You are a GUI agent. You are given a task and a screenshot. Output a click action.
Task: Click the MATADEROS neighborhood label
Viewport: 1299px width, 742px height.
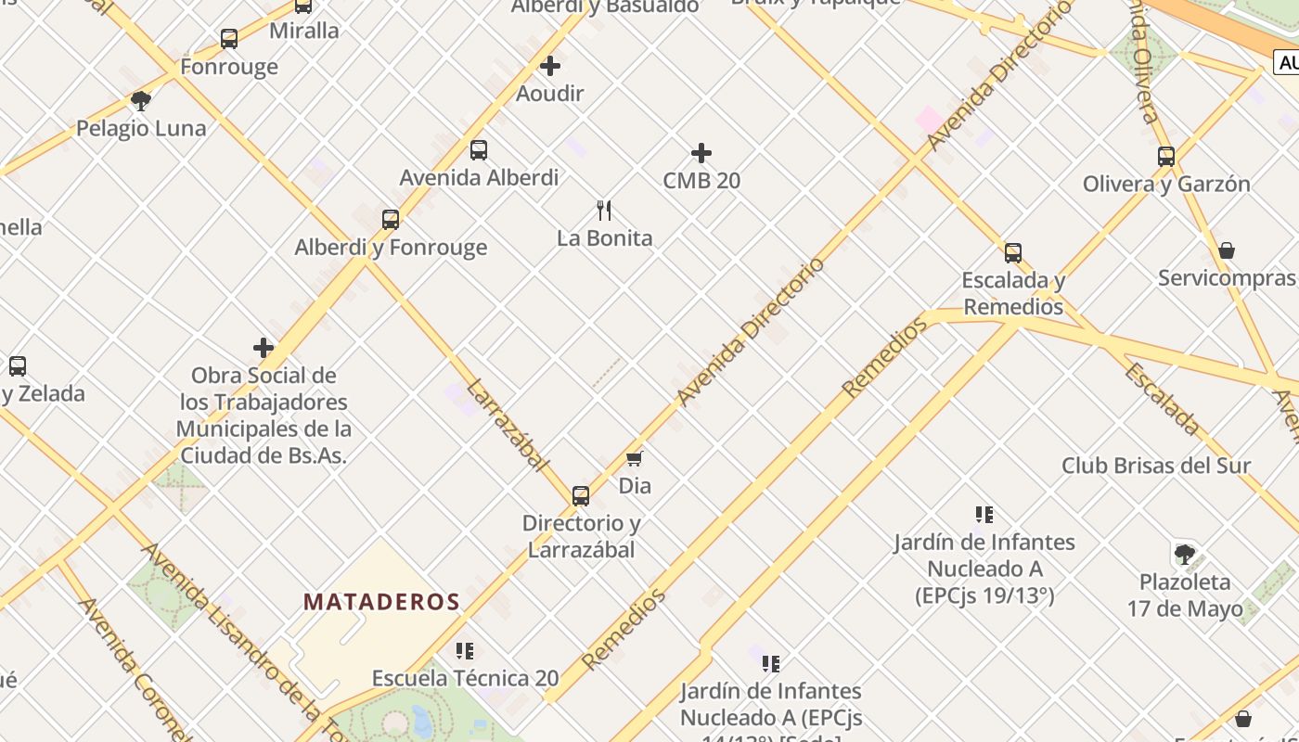pyautogui.click(x=381, y=602)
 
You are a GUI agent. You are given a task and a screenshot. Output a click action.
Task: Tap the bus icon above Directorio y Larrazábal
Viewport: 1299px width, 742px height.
pyautogui.click(x=581, y=495)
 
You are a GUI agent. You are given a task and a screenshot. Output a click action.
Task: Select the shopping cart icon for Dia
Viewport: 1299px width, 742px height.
pyautogui.click(x=635, y=458)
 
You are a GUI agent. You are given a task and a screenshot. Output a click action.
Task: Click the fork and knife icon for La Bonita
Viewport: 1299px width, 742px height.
pyautogui.click(x=604, y=211)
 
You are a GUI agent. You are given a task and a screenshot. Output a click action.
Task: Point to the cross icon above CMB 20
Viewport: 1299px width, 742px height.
pyautogui.click(x=701, y=153)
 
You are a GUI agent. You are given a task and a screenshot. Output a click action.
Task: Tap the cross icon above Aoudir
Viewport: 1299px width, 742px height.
pyautogui.click(x=550, y=66)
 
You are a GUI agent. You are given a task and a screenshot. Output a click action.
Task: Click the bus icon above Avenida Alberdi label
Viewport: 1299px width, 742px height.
pyautogui.click(x=479, y=150)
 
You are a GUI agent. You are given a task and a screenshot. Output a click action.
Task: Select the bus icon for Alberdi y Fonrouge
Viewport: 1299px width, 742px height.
pyautogui.click(x=391, y=220)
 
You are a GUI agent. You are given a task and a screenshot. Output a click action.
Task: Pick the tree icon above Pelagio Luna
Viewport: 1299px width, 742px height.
pyautogui.click(x=141, y=100)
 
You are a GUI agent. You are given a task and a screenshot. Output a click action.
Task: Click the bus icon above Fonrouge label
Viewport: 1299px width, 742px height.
pyautogui.click(x=229, y=39)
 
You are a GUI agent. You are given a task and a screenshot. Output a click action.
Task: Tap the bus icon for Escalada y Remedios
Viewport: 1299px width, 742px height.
pyautogui.click(x=1013, y=253)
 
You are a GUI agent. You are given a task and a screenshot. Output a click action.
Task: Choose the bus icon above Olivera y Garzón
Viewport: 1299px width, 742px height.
pyautogui.click(x=1166, y=157)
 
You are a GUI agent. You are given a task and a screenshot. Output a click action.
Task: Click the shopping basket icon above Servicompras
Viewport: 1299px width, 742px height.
pyautogui.click(x=1227, y=250)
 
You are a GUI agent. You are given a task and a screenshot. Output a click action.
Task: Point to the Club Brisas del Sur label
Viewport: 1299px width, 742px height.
pyautogui.click(x=1156, y=466)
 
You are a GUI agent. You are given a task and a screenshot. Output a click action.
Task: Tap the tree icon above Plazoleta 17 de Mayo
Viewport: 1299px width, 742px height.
pyautogui.click(x=1185, y=555)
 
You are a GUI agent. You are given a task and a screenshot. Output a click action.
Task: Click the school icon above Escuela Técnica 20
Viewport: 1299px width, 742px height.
pyautogui.click(x=465, y=651)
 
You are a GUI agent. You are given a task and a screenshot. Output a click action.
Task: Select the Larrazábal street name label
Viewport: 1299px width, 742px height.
pyautogui.click(x=508, y=425)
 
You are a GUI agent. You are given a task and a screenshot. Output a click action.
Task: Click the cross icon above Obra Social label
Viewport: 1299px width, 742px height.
pyautogui.click(x=264, y=348)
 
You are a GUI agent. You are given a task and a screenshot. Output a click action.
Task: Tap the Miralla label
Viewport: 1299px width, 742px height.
pyautogui.click(x=304, y=31)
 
